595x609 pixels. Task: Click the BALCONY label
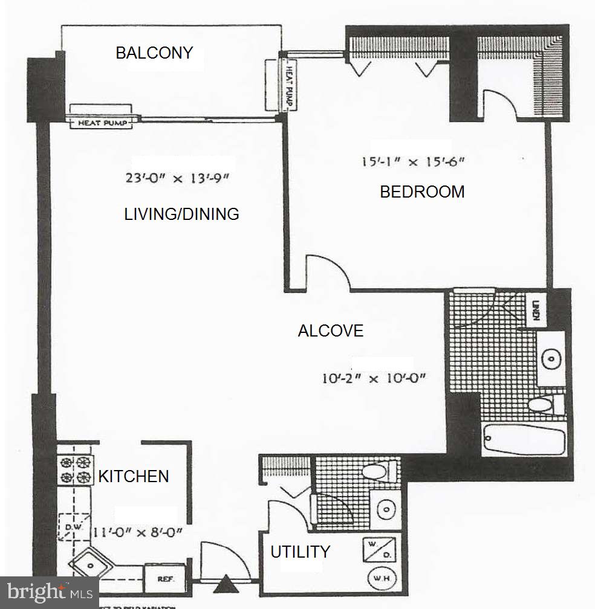click(x=154, y=53)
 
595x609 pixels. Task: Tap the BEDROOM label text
click(x=422, y=192)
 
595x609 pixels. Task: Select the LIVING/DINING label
click(x=181, y=214)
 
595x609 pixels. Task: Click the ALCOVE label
click(x=331, y=331)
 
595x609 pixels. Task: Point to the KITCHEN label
click(x=134, y=477)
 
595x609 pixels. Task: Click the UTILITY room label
click(x=300, y=552)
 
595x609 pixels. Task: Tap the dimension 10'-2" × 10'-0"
click(x=374, y=379)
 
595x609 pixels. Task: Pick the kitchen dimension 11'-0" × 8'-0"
click(x=138, y=533)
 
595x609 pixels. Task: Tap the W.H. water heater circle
click(x=381, y=579)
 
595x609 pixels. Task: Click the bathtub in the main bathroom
click(x=524, y=440)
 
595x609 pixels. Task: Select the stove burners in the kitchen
click(x=76, y=470)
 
